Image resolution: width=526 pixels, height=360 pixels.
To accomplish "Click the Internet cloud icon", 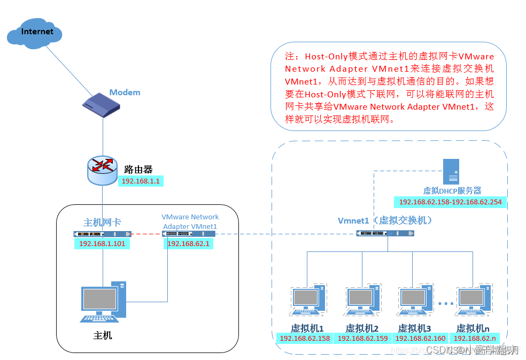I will [x=35, y=33].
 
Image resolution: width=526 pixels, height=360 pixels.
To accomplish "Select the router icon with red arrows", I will [x=103, y=169].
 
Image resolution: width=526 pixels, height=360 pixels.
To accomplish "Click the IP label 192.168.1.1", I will [x=141, y=181].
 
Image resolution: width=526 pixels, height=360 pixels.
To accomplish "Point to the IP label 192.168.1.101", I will [x=102, y=244].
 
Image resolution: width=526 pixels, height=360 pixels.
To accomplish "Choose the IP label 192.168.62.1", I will [x=183, y=244].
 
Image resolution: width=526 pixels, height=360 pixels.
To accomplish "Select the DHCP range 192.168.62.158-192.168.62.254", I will [x=450, y=202].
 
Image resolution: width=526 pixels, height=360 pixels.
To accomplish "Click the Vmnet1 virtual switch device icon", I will [x=385, y=233].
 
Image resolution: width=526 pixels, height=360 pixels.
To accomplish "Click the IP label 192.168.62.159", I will [x=362, y=338].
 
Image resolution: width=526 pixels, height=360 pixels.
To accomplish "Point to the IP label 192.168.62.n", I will [x=474, y=338].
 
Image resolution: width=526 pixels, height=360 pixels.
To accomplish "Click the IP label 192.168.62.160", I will [x=420, y=338].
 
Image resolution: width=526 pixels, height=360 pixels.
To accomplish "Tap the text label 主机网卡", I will [x=102, y=223].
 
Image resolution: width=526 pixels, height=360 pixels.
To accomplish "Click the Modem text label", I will [x=125, y=93].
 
